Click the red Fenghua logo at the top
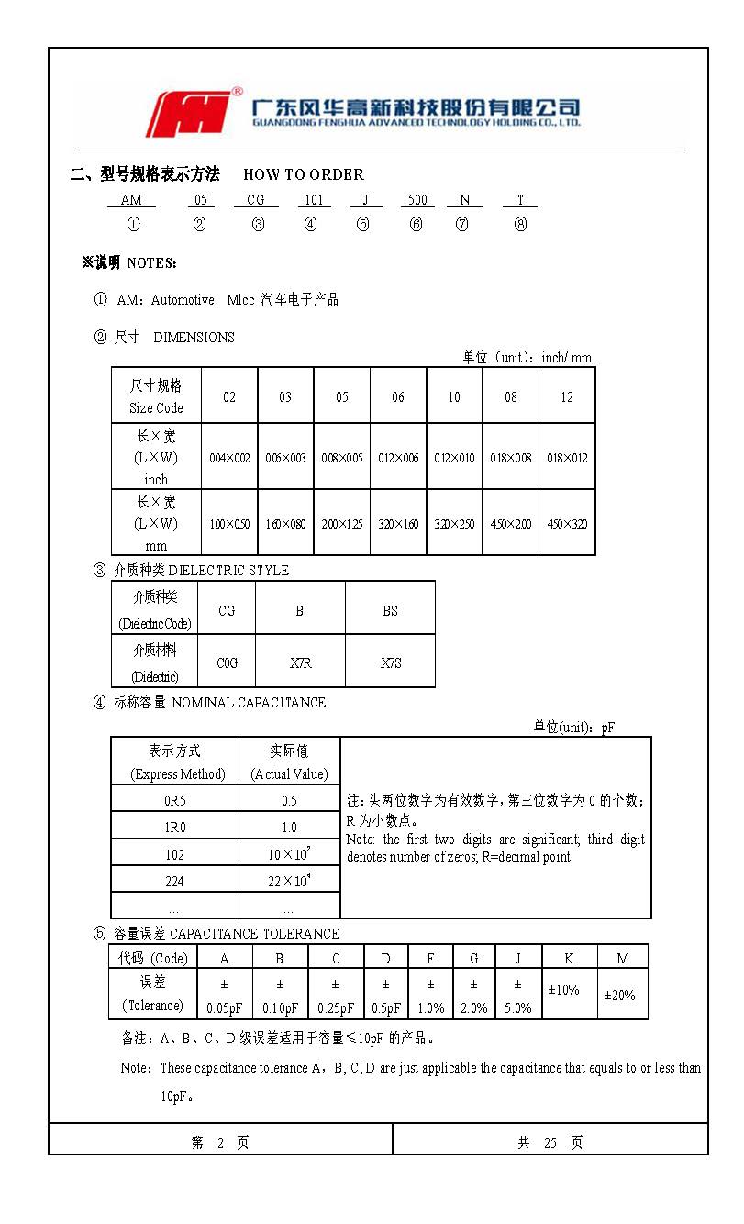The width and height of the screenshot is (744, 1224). pos(192,113)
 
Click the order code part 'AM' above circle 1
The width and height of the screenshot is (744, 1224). pos(131,200)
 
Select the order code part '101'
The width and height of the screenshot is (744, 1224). pos(314,200)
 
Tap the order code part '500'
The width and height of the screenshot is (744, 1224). pos(417,200)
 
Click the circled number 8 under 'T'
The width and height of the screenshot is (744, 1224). pos(520,225)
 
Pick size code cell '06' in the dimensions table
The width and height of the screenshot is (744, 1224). pos(398,396)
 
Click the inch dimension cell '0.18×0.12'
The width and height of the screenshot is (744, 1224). pos(567,458)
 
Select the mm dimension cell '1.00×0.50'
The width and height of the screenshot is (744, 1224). pos(229,524)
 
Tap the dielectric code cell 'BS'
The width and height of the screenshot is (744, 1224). pos(390,610)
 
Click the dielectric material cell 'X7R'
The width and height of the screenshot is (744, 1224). pos(300,662)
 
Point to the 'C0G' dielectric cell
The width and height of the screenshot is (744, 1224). pos(228,662)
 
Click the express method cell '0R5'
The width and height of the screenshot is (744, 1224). pos(174,800)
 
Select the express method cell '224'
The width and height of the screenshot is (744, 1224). pos(174,881)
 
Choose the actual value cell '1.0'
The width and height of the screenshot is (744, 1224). pos(289,827)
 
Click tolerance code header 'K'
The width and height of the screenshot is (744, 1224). pos(569,958)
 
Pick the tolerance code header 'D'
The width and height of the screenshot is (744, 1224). pos(385,958)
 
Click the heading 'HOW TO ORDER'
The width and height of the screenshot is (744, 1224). pos(304,174)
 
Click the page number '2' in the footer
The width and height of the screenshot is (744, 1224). pos(220,1142)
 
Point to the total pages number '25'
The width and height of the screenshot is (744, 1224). pos(550,1142)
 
